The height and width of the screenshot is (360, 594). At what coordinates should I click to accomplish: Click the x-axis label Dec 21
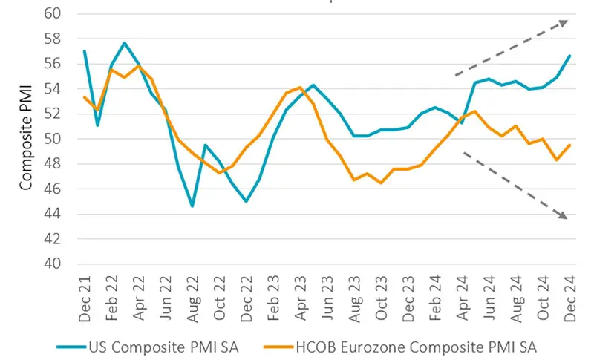pos(85,300)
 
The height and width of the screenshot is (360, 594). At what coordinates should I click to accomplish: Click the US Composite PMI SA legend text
pos(162,345)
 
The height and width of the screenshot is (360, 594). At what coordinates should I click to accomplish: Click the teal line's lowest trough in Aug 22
pos(193,206)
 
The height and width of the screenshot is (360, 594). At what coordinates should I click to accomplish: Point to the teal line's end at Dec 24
pos(569,56)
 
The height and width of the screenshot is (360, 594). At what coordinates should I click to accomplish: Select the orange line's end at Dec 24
pos(569,145)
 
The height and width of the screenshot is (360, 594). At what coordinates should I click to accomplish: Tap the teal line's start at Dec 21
pos(85,51)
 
